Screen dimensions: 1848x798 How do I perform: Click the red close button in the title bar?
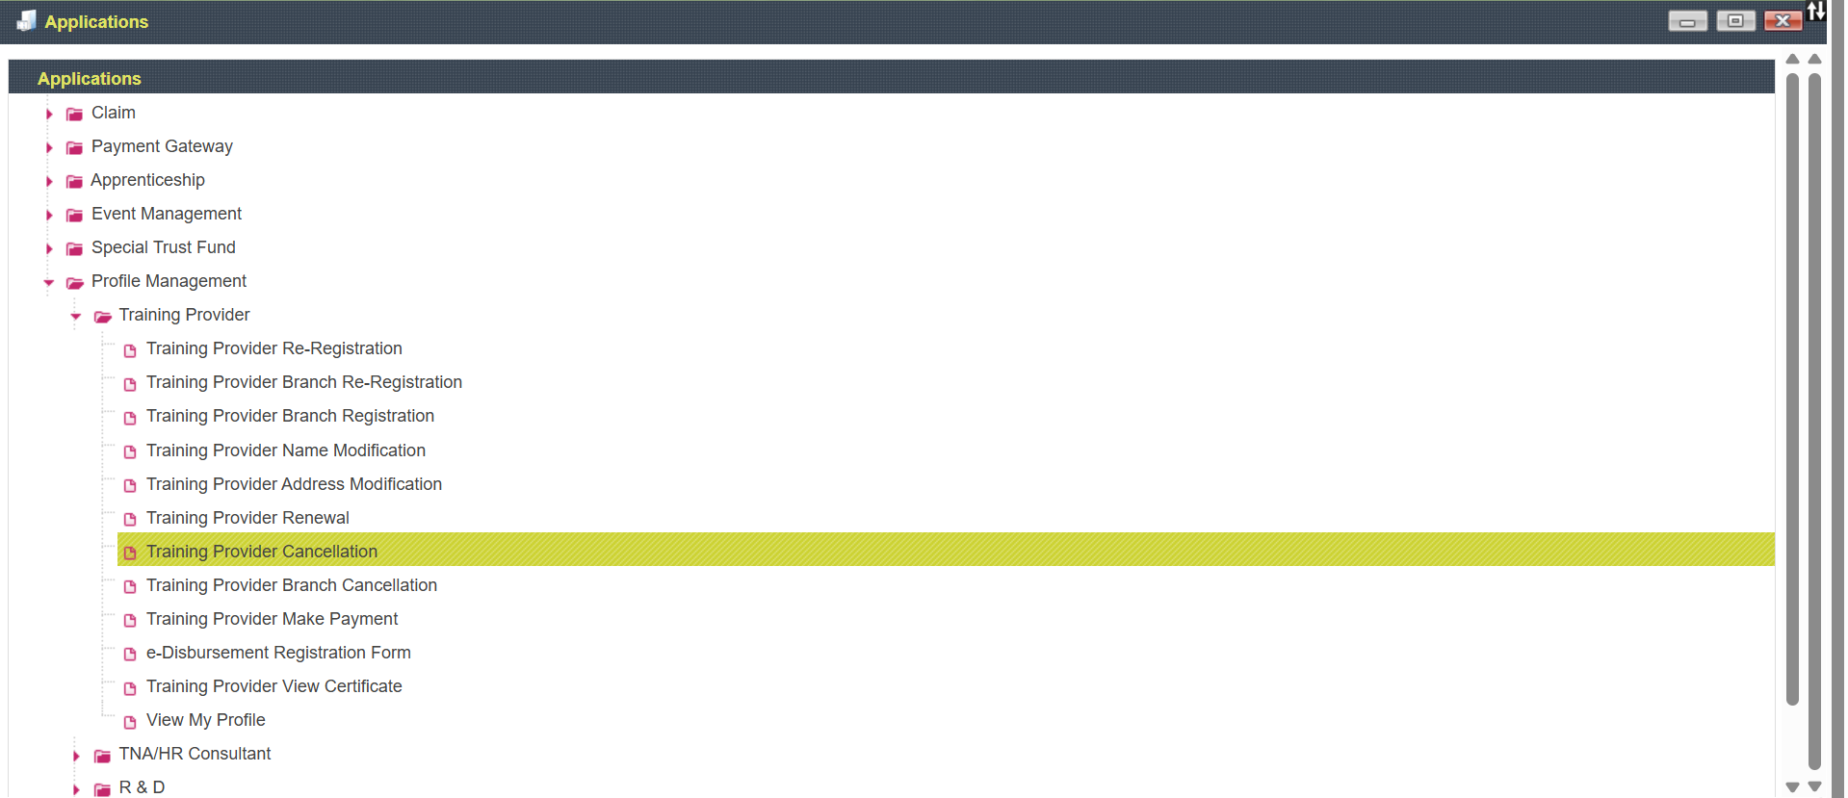coord(1783,21)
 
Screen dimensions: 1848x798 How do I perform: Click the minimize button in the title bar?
coord(1687,21)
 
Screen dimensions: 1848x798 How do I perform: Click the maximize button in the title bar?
coord(1735,21)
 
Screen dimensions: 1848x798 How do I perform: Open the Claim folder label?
coord(114,113)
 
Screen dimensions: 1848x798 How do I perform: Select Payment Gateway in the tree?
coord(162,146)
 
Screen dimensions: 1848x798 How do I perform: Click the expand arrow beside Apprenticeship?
coord(49,181)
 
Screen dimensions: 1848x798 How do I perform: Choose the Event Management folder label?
coord(167,214)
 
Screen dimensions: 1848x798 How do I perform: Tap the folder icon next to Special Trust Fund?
coord(74,248)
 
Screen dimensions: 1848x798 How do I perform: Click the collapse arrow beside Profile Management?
coord(49,282)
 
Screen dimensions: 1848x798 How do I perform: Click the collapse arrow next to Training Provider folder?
coord(76,316)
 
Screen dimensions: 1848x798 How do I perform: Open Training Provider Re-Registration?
coord(274,348)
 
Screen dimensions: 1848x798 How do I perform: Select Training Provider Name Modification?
coord(286,450)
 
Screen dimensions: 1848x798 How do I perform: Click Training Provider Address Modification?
coord(294,484)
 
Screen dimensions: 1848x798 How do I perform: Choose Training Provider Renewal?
coord(247,518)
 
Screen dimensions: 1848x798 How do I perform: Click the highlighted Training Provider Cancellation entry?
coord(262,552)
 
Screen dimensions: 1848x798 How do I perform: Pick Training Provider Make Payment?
coord(272,619)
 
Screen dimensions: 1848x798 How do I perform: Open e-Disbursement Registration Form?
coord(278,653)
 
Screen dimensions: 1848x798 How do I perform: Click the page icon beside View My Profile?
coord(130,721)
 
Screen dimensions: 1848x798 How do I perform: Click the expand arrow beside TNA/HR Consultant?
coord(76,756)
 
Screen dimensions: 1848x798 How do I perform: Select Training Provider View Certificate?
coord(274,686)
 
